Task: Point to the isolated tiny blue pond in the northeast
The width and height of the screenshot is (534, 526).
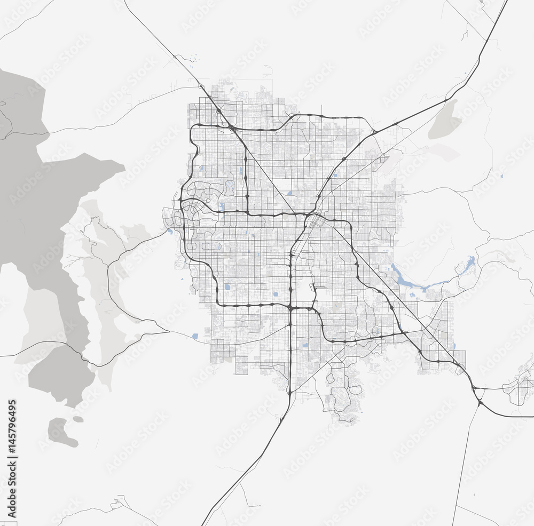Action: click(501, 176)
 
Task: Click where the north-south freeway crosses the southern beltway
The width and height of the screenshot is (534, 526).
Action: click(290, 308)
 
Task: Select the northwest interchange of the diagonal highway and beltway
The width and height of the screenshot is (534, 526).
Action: click(231, 127)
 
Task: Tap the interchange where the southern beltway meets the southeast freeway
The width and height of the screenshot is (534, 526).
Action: click(404, 333)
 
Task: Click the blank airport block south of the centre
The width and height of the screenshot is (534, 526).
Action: click(305, 291)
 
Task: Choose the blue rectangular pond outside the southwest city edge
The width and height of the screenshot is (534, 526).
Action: click(195, 336)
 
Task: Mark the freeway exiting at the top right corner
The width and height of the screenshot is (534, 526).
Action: click(502, 11)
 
